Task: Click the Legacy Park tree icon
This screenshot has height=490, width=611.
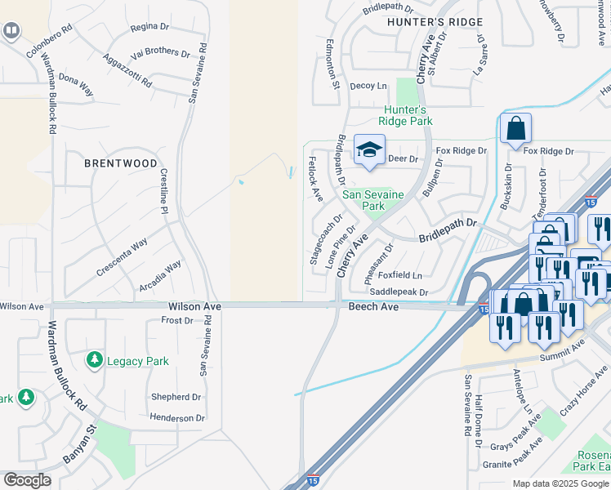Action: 95,360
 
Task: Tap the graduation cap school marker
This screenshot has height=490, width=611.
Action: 369,150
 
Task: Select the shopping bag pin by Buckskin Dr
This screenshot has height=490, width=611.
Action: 515,129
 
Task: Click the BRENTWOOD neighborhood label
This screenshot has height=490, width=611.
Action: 121,163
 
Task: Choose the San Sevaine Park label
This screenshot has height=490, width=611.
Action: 374,200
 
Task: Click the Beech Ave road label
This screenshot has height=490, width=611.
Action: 373,305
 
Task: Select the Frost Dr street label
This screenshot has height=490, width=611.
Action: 176,320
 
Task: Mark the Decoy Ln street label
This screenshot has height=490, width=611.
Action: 368,85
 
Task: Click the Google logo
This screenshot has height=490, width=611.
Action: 27,480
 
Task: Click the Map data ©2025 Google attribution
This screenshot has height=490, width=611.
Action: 560,483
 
